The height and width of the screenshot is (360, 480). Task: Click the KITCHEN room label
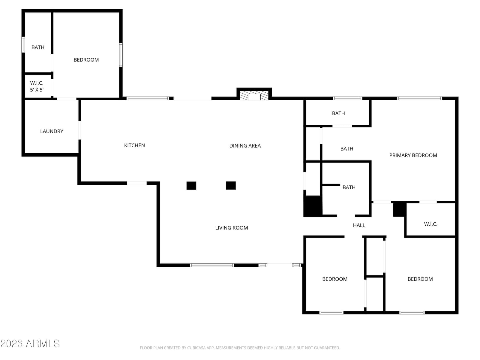(x=134, y=145)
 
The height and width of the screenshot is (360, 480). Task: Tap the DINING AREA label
(x=245, y=145)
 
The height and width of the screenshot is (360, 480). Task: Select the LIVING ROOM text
(x=232, y=228)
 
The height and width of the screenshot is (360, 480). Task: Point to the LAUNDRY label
(x=52, y=131)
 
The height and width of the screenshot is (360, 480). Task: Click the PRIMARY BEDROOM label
(x=413, y=155)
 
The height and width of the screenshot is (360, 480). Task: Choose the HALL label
(x=359, y=225)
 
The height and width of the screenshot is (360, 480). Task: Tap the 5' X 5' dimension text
(x=37, y=90)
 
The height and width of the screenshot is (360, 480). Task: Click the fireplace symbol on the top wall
(x=254, y=96)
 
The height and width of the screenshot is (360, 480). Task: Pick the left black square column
(x=191, y=186)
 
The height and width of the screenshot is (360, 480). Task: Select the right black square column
(x=231, y=185)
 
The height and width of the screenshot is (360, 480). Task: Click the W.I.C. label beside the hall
(x=430, y=224)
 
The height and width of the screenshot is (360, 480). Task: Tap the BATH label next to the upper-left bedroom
(x=38, y=47)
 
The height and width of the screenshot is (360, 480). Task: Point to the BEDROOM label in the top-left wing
(x=86, y=60)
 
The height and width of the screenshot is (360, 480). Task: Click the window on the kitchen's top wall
(x=148, y=98)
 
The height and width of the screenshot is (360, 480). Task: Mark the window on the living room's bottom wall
(x=212, y=265)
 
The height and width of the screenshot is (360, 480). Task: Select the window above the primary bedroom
(x=419, y=98)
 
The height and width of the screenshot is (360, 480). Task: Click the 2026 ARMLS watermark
(x=30, y=343)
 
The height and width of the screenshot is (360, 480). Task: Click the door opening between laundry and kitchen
(x=79, y=130)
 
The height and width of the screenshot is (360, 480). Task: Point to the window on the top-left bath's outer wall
(x=23, y=45)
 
